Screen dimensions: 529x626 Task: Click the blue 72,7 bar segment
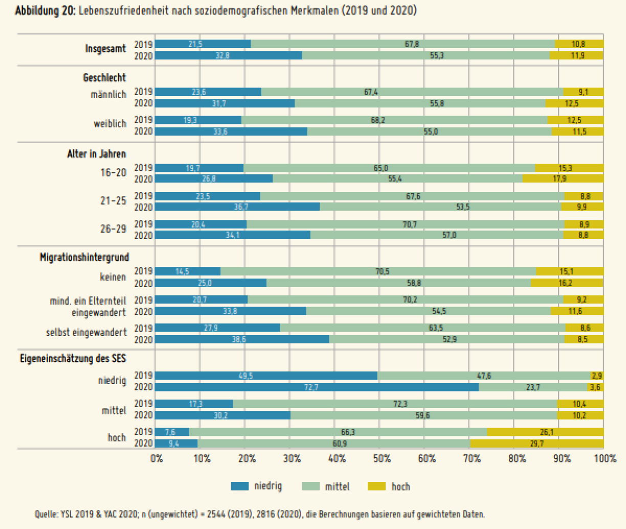point(317,388)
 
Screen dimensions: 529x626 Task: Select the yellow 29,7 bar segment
point(536,444)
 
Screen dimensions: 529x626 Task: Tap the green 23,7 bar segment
point(532,388)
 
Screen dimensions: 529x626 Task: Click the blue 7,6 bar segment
point(172,432)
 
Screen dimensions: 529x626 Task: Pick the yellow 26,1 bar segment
point(545,432)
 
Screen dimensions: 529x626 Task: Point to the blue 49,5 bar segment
point(266,376)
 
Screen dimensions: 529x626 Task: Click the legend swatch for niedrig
point(239,486)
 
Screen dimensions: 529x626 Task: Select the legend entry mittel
point(337,487)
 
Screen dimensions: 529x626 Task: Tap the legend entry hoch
point(400,487)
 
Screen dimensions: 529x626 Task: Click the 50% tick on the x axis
point(382,459)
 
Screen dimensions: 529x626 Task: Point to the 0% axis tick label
point(157,459)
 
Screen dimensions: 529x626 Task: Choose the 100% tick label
point(605,459)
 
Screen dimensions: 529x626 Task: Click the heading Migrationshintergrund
point(84,257)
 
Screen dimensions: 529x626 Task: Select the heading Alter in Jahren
point(96,154)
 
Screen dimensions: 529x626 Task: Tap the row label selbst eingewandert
point(86,332)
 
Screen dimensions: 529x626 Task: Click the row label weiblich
point(109,124)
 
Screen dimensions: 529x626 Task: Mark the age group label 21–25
point(113,201)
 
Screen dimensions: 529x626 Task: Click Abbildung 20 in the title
point(45,11)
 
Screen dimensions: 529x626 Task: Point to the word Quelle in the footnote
point(46,514)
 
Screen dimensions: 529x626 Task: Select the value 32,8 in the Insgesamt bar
point(222,56)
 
